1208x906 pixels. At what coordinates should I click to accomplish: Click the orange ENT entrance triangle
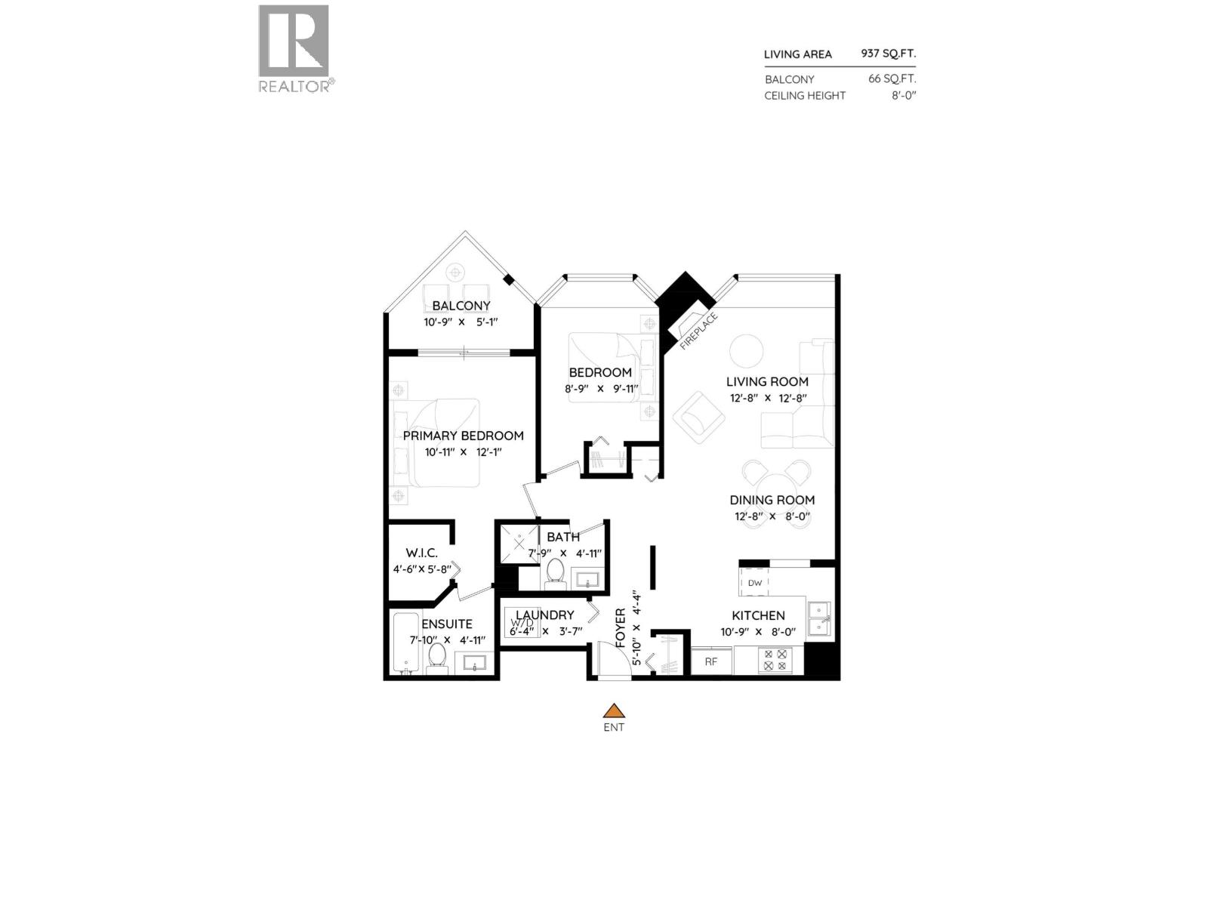tap(615, 710)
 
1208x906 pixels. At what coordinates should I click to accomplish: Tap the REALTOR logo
tap(294, 48)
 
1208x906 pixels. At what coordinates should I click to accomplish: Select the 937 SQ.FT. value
tap(888, 54)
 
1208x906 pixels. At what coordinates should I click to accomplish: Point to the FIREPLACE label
tap(698, 331)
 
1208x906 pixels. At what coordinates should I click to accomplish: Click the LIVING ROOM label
tap(767, 381)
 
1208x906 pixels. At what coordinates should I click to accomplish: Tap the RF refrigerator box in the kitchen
tap(711, 661)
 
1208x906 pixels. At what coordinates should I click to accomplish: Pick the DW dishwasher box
tap(755, 583)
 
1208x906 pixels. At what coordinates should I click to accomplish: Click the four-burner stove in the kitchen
tap(775, 661)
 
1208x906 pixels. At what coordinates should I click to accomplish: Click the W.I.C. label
tap(421, 553)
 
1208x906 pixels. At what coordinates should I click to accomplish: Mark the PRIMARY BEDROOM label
tap(463, 436)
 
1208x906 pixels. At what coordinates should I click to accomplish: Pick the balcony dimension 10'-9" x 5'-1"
tap(461, 322)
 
